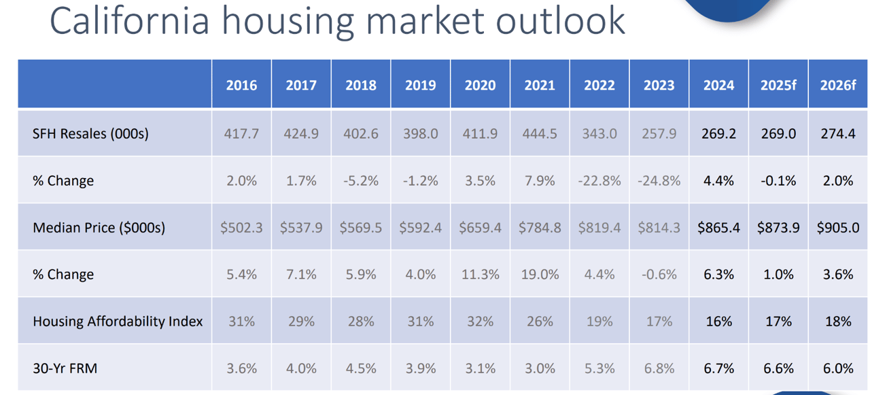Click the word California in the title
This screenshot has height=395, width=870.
[128, 21]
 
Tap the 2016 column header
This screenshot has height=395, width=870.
[241, 85]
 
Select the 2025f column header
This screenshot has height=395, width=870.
[778, 85]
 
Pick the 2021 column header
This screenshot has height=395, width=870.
[540, 85]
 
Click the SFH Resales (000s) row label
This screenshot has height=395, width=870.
[90, 134]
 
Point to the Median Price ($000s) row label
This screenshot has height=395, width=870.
[99, 228]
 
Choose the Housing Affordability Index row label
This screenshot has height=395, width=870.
[118, 322]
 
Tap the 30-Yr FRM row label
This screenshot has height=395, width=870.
[65, 368]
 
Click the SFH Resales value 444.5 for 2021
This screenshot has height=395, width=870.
[540, 134]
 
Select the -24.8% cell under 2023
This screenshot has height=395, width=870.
[659, 181]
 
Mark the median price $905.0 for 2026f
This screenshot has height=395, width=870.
[838, 228]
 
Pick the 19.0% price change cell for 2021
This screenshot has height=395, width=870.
[540, 275]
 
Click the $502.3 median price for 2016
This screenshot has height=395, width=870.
[241, 228]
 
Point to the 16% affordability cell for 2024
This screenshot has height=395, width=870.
[718, 322]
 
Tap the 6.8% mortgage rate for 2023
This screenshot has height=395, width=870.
[659, 368]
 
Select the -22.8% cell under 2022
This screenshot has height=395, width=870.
[599, 181]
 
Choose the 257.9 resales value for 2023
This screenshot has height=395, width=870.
[659, 134]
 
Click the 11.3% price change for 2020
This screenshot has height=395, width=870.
[480, 275]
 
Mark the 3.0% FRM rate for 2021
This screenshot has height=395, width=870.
[540, 368]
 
